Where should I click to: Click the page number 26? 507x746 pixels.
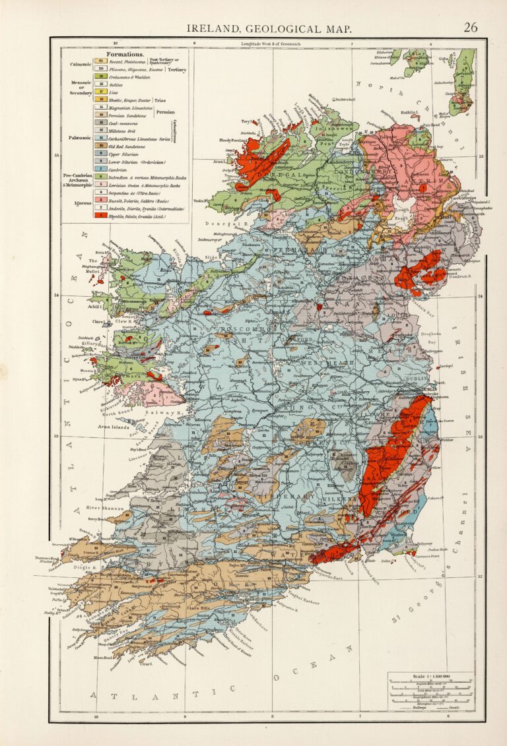(x=470, y=27)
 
